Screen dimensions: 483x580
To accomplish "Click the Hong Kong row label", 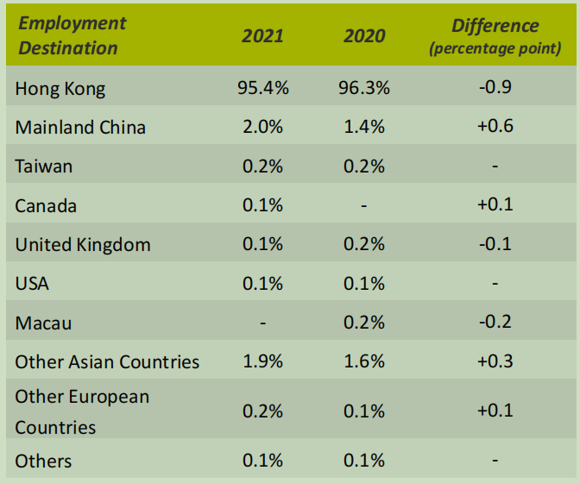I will click(x=60, y=88).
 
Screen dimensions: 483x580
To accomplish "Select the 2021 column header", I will click(x=262, y=36).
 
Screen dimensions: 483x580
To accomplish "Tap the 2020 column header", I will click(x=363, y=36).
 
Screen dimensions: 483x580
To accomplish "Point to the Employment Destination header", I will click(x=72, y=35).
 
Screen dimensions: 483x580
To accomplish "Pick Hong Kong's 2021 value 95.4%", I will click(x=262, y=87).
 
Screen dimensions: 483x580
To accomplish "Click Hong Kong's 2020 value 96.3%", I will click(x=363, y=87).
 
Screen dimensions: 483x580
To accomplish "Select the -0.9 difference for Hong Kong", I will click(x=495, y=87).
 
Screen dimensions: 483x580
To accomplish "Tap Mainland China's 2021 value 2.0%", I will click(x=262, y=127).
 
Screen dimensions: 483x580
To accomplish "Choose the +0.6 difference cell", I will click(x=495, y=127).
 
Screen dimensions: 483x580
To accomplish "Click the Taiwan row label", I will click(x=44, y=166).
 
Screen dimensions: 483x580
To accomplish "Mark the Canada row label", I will click(x=46, y=205).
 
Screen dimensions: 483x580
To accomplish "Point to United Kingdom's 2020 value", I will click(x=363, y=244).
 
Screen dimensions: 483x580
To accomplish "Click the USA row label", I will click(x=33, y=284).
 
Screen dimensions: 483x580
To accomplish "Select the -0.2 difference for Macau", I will click(x=495, y=322).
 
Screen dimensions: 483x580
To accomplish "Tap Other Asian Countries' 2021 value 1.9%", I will click(x=262, y=361).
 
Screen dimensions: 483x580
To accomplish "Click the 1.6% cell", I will click(x=363, y=361).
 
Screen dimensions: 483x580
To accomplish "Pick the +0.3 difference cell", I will click(x=495, y=361).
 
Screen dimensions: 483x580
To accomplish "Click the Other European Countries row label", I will click(x=82, y=411).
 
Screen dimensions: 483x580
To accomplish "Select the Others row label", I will click(x=43, y=461).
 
